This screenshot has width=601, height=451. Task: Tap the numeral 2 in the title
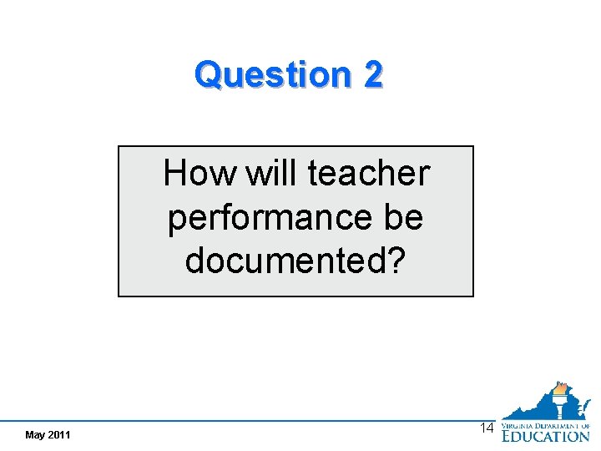pos(373,75)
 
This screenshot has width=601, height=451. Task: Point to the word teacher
pos(368,175)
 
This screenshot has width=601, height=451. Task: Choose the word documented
pos(285,261)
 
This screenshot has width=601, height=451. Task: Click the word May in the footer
pos(36,435)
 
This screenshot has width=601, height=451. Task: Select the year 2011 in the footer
pos(59,435)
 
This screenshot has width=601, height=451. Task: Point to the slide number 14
pos(487,428)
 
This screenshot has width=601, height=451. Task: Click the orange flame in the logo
pos(561,388)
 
